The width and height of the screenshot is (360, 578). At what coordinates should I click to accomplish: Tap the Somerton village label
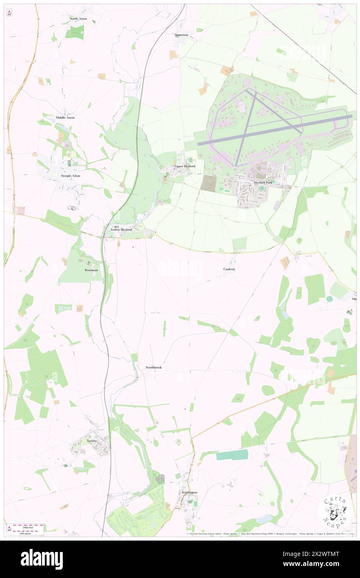click(x=181, y=35)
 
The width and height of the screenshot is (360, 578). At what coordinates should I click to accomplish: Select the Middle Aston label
click(x=65, y=118)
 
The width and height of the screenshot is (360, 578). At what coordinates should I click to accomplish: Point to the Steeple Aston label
click(x=71, y=176)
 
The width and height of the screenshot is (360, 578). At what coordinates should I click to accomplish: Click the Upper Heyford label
click(x=185, y=166)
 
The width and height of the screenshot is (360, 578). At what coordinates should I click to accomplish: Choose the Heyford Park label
click(x=263, y=183)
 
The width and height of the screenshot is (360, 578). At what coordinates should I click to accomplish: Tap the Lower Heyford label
click(x=121, y=230)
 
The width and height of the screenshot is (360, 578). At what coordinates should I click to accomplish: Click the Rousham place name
click(x=91, y=270)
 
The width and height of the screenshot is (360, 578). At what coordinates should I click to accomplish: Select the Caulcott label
click(x=229, y=269)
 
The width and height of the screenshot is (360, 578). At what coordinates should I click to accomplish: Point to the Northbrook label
click(x=154, y=368)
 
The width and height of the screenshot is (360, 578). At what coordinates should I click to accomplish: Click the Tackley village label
click(x=92, y=440)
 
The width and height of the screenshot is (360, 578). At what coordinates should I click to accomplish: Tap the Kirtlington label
click(x=190, y=492)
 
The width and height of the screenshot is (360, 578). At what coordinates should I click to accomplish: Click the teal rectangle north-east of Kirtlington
click(x=232, y=455)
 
